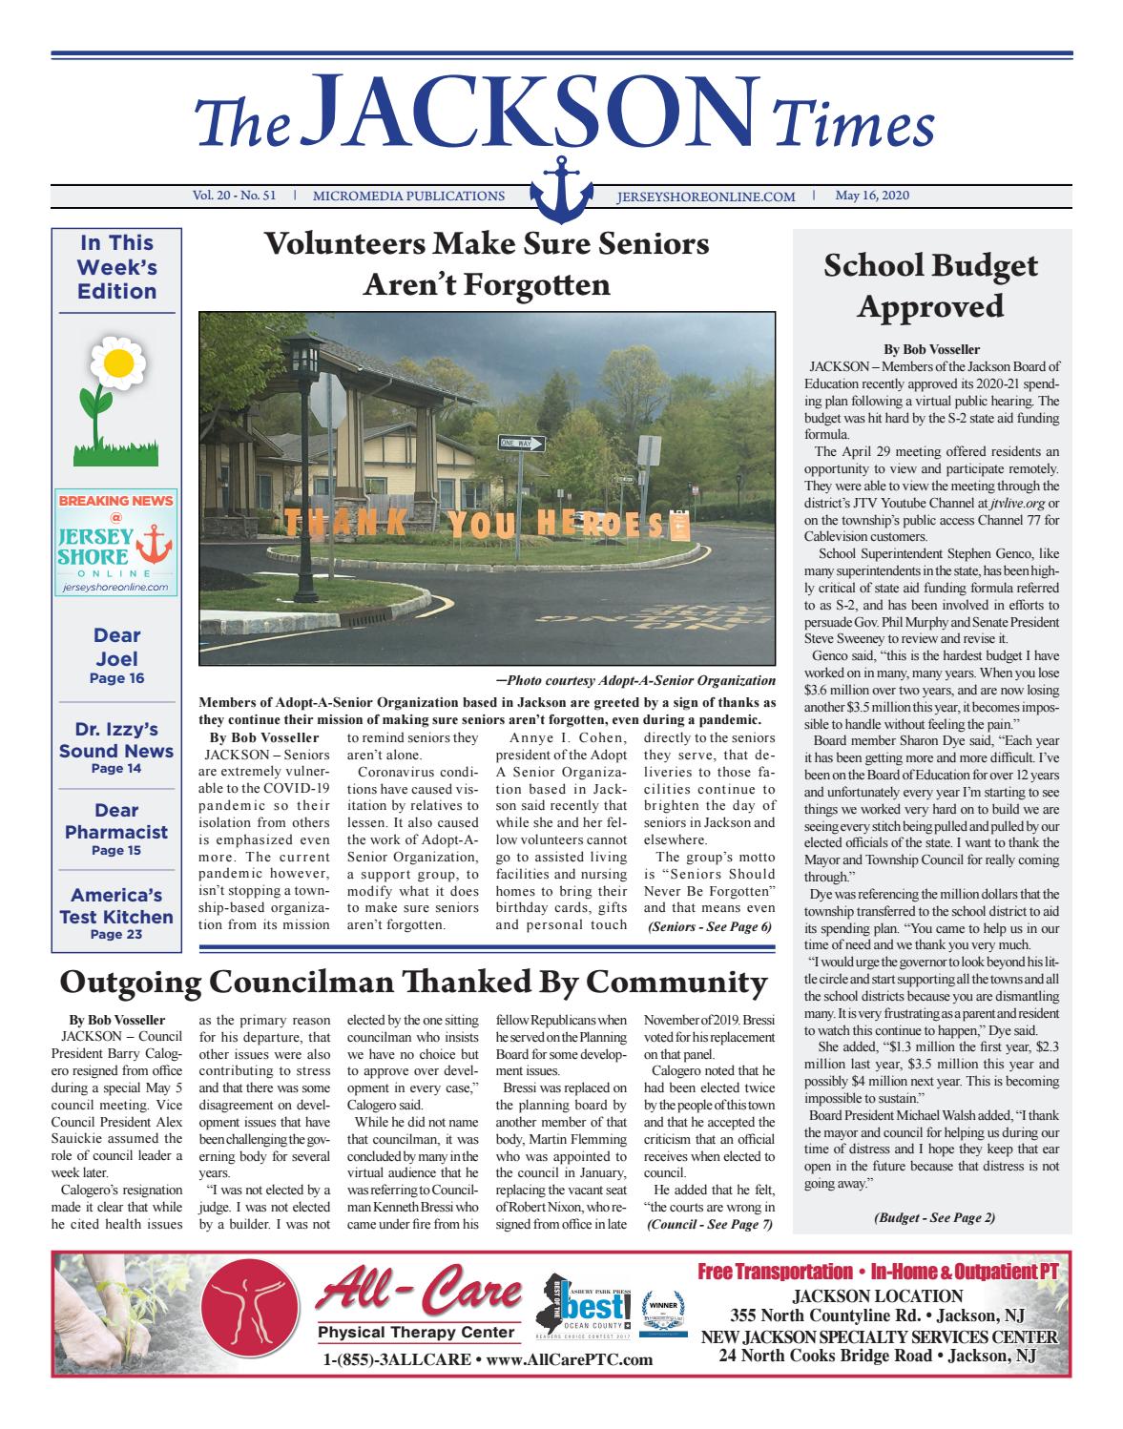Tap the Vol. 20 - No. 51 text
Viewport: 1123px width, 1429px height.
pos(235,197)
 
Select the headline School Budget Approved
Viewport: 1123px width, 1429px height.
pos(929,285)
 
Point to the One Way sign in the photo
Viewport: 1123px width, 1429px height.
pos(521,443)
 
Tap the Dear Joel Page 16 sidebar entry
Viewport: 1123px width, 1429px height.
pos(116,655)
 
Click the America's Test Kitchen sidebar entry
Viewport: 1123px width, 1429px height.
pos(116,912)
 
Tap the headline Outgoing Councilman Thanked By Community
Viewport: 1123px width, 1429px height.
pos(413,982)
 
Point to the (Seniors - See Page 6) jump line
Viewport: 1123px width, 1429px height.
pos(709,926)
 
